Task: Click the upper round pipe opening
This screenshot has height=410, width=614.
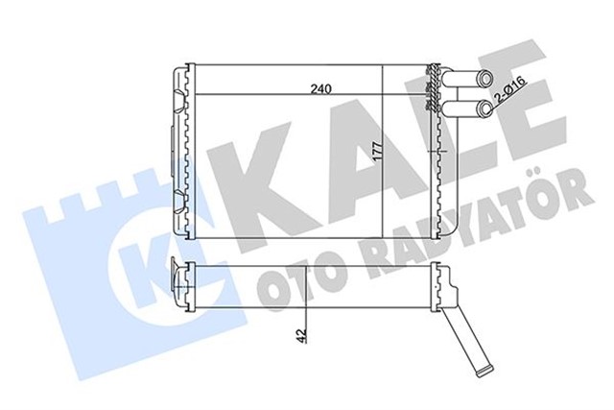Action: tap(486, 81)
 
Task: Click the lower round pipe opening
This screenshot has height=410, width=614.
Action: tap(486, 109)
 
